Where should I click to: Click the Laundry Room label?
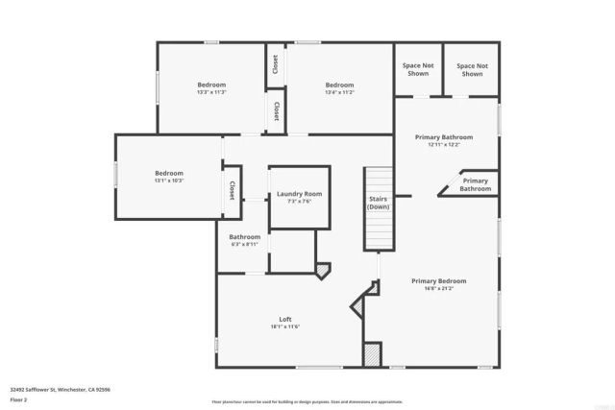[299, 194]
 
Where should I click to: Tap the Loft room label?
[285, 319]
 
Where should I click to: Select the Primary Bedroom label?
[438, 280]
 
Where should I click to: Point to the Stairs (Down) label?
[379, 203]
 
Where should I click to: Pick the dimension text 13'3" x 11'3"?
[211, 92]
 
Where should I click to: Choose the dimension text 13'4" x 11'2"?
[339, 92]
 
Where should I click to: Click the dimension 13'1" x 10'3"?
[168, 181]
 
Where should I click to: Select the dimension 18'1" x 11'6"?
[285, 326]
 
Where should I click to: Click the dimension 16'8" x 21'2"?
[438, 288]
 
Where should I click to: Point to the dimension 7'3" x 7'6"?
[299, 202]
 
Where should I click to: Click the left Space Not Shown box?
[418, 69]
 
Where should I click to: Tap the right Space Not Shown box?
[472, 69]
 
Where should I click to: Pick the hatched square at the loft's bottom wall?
[372, 354]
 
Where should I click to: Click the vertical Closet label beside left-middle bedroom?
[232, 191]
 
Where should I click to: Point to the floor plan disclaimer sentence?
[307, 400]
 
